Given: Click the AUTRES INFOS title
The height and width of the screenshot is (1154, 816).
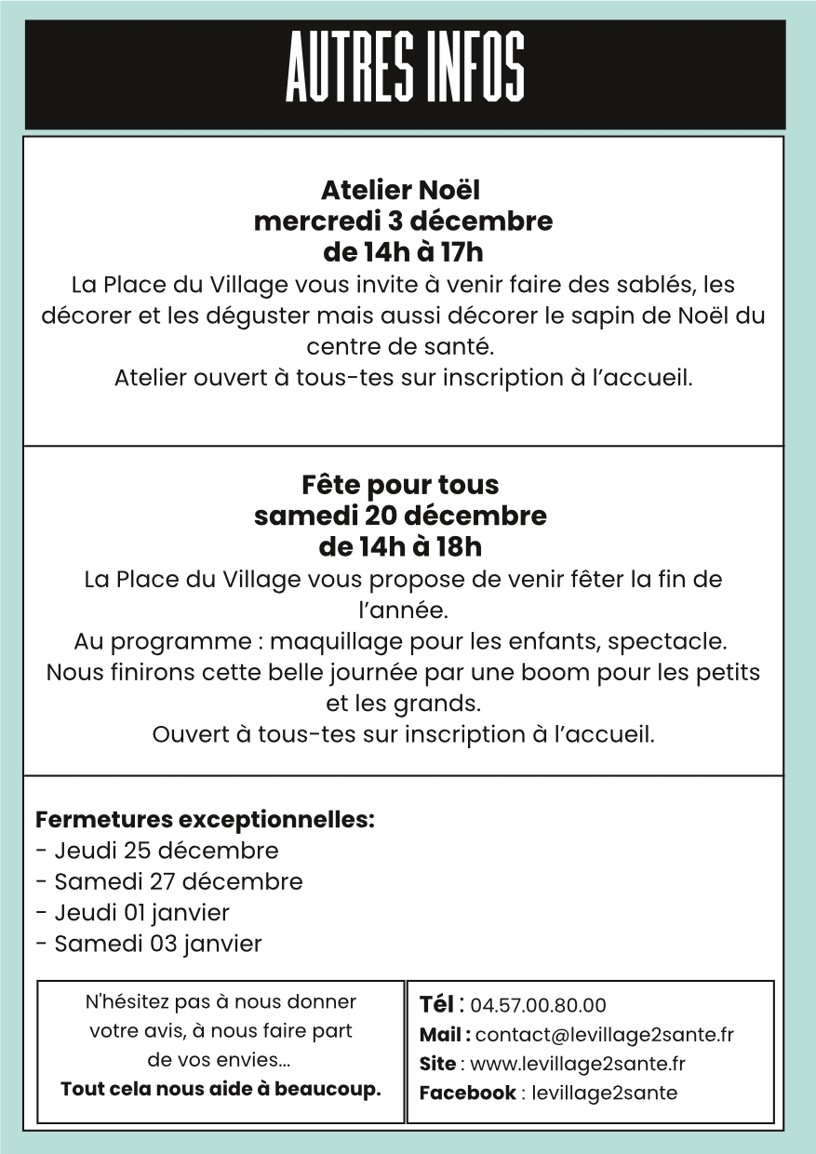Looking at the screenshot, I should pos(405,67).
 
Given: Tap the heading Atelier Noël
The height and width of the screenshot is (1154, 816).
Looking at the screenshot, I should pos(400,191).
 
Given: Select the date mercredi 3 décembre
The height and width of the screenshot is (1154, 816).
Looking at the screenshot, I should pos(403,221).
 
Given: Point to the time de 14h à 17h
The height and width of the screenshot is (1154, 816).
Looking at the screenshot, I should pos(403,252).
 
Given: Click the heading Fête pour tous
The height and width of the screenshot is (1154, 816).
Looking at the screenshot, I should pos(400,485).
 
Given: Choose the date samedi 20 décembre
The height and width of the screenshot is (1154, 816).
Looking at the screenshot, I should pos(400,516).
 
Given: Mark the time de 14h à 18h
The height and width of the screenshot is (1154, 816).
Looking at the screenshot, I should pos(400,546).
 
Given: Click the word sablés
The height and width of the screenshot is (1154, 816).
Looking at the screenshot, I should pos(662,284).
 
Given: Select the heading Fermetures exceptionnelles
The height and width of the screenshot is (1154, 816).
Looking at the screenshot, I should pos(205,821).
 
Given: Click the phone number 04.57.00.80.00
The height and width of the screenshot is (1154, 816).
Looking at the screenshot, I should pos(538,1006).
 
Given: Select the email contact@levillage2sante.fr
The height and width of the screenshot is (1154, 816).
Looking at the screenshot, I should pos(605,1035).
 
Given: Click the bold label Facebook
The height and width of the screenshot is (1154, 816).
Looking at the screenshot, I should pos(467,1094).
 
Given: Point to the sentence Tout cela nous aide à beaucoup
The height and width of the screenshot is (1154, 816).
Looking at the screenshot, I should pos(221,1090).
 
